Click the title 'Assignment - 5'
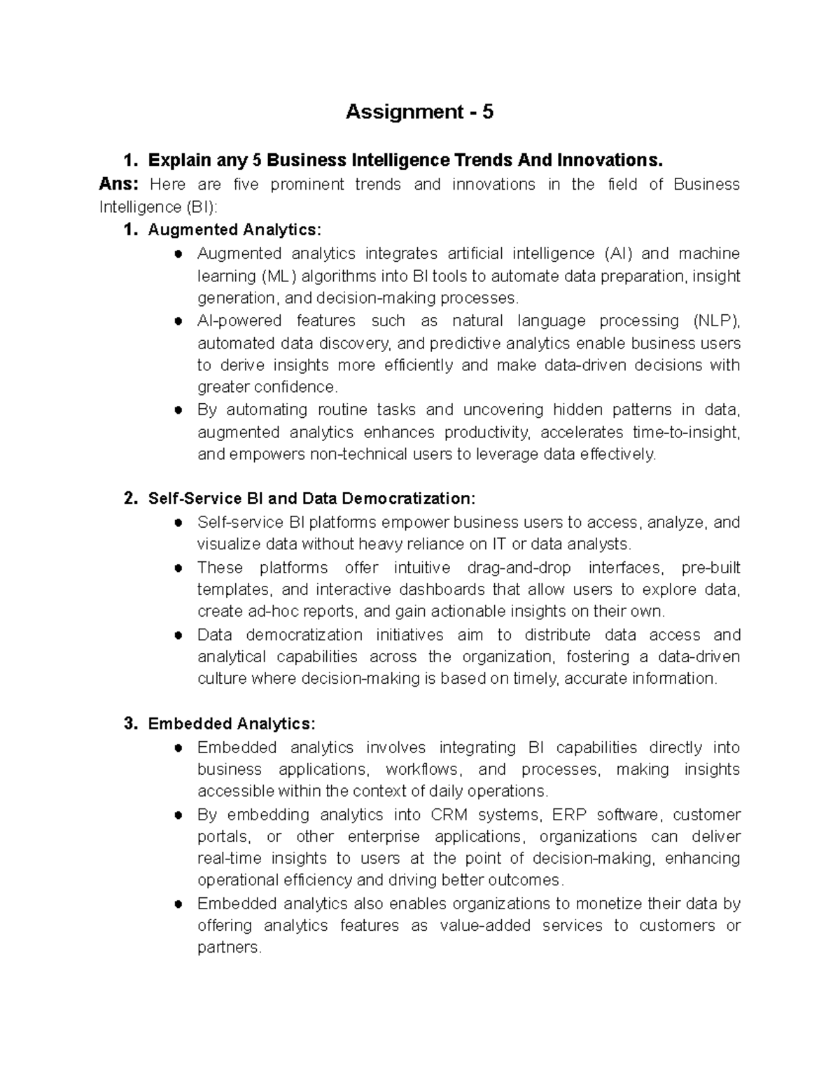(419, 112)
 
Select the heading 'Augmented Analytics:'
(234, 230)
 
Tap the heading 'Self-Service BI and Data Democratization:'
(311, 498)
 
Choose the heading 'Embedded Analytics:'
(232, 723)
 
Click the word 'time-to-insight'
(685, 433)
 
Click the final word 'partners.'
(230, 948)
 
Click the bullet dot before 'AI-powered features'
(178, 321)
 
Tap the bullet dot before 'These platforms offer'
(178, 568)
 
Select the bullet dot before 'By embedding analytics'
(178, 815)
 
